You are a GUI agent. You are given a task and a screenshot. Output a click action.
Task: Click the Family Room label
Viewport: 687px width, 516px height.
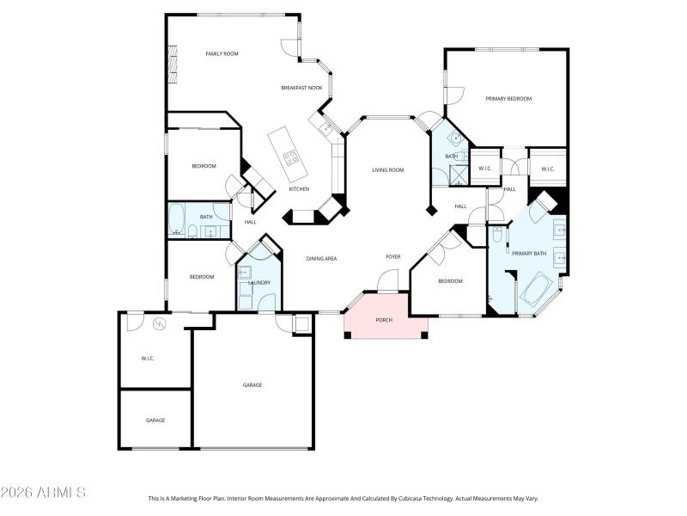click(x=222, y=53)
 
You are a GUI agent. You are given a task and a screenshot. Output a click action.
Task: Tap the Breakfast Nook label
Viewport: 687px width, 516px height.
click(x=301, y=88)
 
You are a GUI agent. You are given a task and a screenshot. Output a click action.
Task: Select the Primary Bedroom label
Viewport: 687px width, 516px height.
click(x=508, y=99)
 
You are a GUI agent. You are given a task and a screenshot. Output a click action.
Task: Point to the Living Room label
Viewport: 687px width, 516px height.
click(x=387, y=170)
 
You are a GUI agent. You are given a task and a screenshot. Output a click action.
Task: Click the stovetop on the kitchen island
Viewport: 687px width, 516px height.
click(x=291, y=157)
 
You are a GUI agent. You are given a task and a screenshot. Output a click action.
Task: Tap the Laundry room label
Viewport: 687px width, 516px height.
click(x=259, y=282)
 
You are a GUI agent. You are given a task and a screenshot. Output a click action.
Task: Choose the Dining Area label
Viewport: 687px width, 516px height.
click(x=321, y=258)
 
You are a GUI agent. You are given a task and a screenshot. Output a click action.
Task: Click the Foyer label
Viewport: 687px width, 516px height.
click(x=392, y=256)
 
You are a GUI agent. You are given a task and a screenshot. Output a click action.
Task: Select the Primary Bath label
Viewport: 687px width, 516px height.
click(x=529, y=254)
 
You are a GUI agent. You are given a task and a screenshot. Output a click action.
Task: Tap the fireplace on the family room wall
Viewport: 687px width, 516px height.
click(x=172, y=64)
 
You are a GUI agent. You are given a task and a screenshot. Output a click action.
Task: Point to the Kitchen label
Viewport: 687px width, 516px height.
click(x=299, y=189)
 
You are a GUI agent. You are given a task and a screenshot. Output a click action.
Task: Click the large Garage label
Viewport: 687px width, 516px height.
click(x=252, y=384)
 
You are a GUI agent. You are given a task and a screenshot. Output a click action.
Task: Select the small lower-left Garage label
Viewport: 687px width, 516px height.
click(x=155, y=421)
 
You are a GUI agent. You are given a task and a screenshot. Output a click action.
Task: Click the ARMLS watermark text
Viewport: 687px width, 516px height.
click(x=43, y=493)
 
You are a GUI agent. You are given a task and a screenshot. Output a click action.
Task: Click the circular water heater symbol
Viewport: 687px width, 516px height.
click(x=159, y=324)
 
